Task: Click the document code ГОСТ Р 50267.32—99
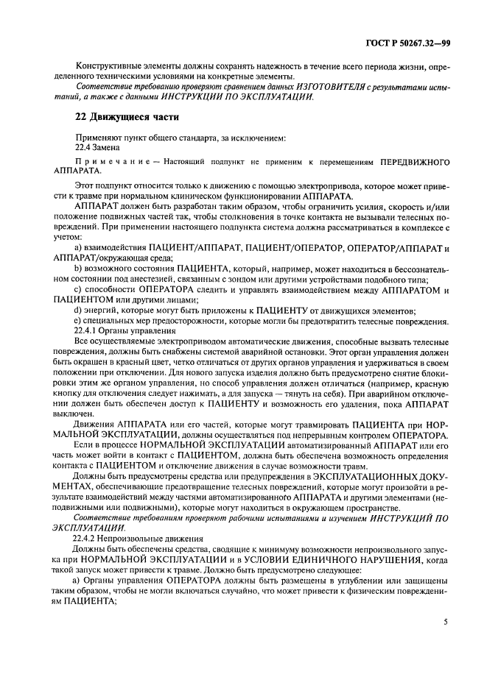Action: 410,43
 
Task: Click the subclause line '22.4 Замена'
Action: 99,148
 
